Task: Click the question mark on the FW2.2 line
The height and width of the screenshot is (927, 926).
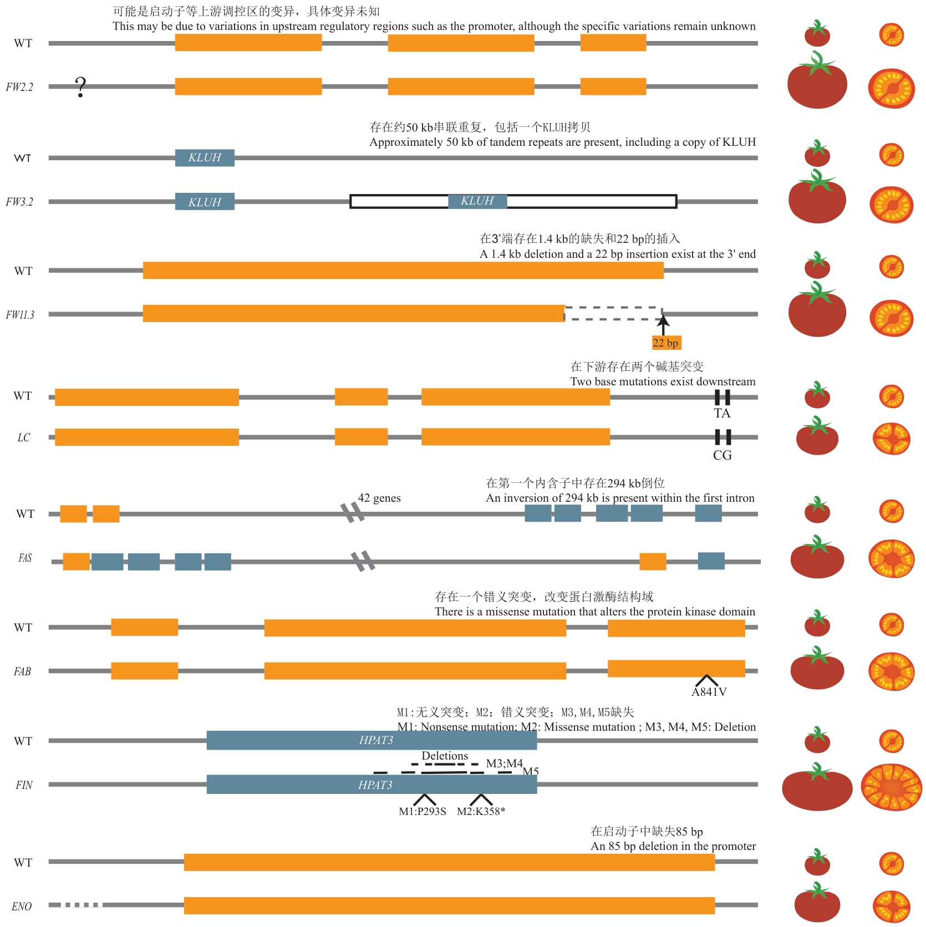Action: click(x=81, y=87)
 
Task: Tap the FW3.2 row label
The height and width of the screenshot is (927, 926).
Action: click(x=19, y=202)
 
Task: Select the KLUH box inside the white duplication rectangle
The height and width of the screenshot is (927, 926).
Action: click(x=477, y=201)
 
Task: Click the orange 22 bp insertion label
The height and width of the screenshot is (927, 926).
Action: click(x=665, y=343)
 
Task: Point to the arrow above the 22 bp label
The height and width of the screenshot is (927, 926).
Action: click(x=663, y=323)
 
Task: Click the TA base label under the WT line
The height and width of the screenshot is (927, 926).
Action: click(x=722, y=413)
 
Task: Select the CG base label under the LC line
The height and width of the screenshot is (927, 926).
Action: click(x=722, y=455)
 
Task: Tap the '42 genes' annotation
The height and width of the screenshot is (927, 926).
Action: click(x=379, y=498)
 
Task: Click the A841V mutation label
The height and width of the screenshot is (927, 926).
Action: click(x=709, y=691)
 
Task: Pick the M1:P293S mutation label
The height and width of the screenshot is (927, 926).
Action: click(x=423, y=811)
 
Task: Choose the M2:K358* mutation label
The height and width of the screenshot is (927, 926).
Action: click(x=481, y=811)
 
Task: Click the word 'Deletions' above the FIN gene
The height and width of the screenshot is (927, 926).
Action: click(x=445, y=756)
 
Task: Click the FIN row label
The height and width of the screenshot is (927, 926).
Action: click(x=24, y=785)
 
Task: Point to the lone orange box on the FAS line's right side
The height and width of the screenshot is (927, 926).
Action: click(x=653, y=562)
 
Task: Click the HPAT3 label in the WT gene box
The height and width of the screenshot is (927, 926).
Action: click(x=376, y=740)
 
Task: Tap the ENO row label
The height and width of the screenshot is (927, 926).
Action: click(x=22, y=906)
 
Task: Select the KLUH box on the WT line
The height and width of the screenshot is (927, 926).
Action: click(x=205, y=158)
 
